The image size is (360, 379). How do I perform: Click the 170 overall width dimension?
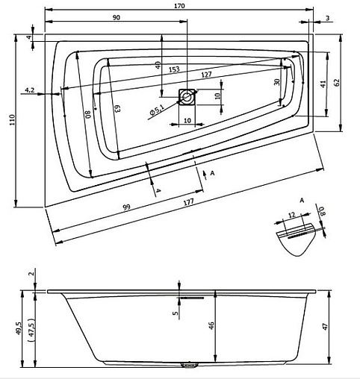179,6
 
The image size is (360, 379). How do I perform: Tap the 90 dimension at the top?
117,17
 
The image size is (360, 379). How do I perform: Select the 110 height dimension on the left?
13,120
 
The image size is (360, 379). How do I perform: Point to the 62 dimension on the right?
336,82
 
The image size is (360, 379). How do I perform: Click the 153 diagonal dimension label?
174,69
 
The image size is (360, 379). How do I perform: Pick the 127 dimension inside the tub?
206,74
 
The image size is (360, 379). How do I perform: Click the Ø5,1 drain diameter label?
157,110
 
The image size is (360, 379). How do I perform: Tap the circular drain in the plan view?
187,97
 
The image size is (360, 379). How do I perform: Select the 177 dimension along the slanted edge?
188,202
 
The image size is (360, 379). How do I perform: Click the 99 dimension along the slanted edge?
126,207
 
